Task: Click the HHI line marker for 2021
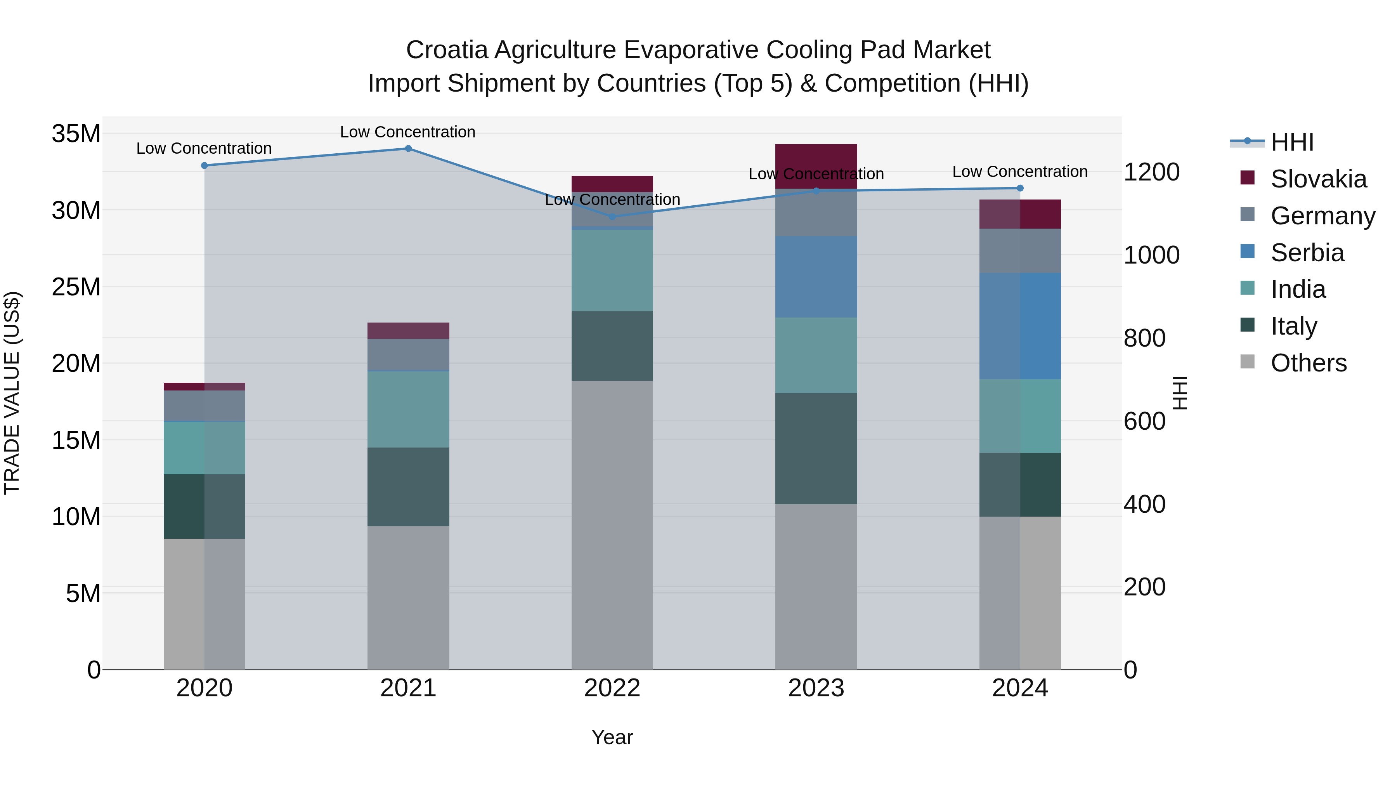pyautogui.click(x=408, y=149)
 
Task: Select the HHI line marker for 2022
pyautogui.click(x=612, y=217)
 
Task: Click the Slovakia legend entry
pyautogui.click(x=1318, y=179)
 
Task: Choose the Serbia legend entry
pyautogui.click(x=1307, y=253)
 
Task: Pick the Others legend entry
pyautogui.click(x=1308, y=363)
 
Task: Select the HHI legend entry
pyautogui.click(x=1292, y=142)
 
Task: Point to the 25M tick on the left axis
pyautogui.click(x=76, y=287)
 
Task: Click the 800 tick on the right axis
pyautogui.click(x=1144, y=338)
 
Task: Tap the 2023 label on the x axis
pyautogui.click(x=816, y=688)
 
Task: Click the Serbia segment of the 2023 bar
pyautogui.click(x=816, y=277)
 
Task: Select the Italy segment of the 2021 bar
pyautogui.click(x=408, y=487)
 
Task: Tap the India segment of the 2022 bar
pyautogui.click(x=612, y=270)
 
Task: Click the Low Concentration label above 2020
pyautogui.click(x=204, y=148)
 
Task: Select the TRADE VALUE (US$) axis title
pyautogui.click(x=12, y=393)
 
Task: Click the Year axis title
pyautogui.click(x=612, y=737)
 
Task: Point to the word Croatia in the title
pyautogui.click(x=447, y=50)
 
